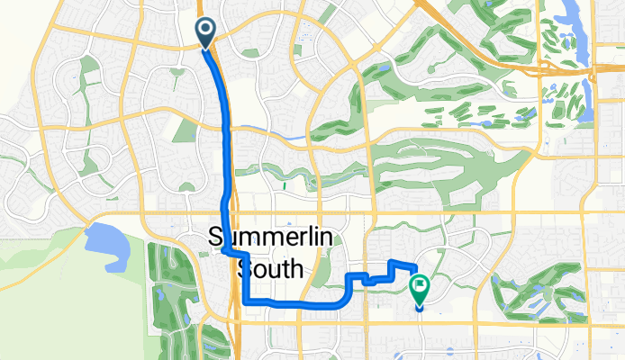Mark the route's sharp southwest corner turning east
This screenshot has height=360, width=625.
pyautogui.click(x=246, y=302)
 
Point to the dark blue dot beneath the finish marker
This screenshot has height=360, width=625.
pyautogui.click(x=420, y=307)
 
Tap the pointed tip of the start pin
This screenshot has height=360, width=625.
pyautogui.click(x=206, y=48)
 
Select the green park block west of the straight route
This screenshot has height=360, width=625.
pyautogui.click(x=185, y=130)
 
